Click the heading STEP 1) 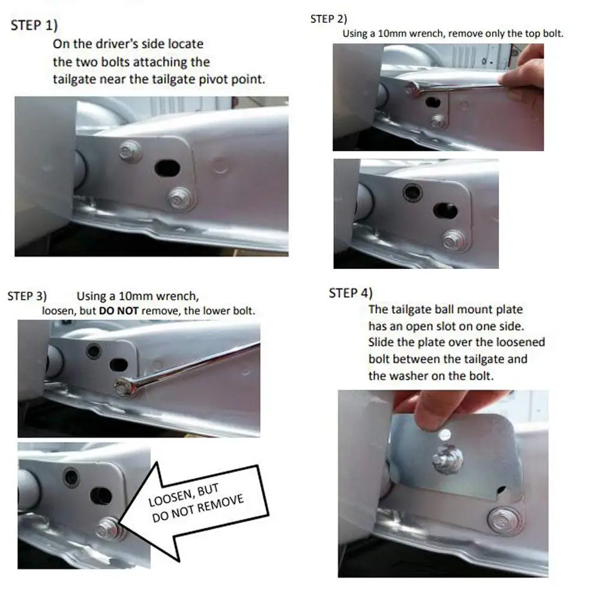pos(34,25)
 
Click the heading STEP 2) pos(328,19)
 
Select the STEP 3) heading pos(27,296)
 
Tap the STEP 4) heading pos(350,293)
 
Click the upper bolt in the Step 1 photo pos(130,151)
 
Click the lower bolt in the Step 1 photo pos(180,199)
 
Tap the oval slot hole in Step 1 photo pos(167,168)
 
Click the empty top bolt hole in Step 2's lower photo pos(412,192)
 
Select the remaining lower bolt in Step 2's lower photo pos(454,240)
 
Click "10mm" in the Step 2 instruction pos(392,34)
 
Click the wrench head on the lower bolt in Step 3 pos(125,387)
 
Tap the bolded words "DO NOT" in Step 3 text pos(118,311)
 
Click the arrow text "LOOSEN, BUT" pos(184,495)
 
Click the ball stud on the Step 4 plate pos(447,458)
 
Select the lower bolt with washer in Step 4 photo pos(504,521)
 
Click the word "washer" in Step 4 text pos(409,376)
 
